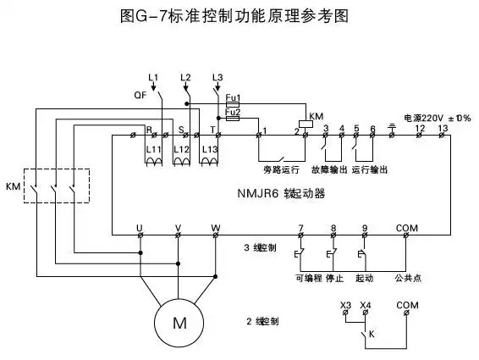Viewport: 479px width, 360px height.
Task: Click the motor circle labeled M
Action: point(179,323)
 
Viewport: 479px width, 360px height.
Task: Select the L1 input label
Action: point(153,78)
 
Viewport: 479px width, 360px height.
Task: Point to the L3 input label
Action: point(217,78)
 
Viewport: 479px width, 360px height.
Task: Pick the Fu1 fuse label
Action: point(232,99)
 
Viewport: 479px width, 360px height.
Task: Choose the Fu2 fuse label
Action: point(232,112)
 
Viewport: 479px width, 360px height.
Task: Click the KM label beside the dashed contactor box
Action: point(13,186)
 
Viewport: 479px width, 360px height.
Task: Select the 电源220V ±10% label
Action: point(437,118)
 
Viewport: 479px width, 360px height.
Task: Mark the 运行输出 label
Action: point(371,169)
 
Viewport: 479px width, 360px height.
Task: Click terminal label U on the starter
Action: point(140,228)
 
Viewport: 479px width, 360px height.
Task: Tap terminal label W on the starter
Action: point(216,228)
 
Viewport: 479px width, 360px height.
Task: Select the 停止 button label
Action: point(334,277)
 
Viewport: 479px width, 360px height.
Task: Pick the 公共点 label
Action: point(406,277)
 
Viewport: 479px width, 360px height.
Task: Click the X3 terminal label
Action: point(345,304)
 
